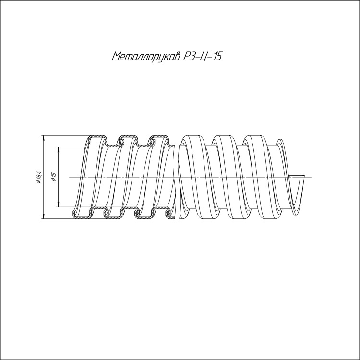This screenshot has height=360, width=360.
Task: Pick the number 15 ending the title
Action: click(x=217, y=56)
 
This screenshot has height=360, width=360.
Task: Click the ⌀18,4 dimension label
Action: click(x=38, y=177)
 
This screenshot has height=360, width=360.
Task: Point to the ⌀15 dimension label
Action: click(x=54, y=177)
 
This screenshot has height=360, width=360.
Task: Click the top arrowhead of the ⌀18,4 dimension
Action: click(x=43, y=138)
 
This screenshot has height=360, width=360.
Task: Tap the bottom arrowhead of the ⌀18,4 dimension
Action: click(x=43, y=216)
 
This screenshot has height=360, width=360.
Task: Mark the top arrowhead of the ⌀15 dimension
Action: click(x=59, y=150)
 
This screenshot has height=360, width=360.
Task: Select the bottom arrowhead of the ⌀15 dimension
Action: click(x=59, y=204)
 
